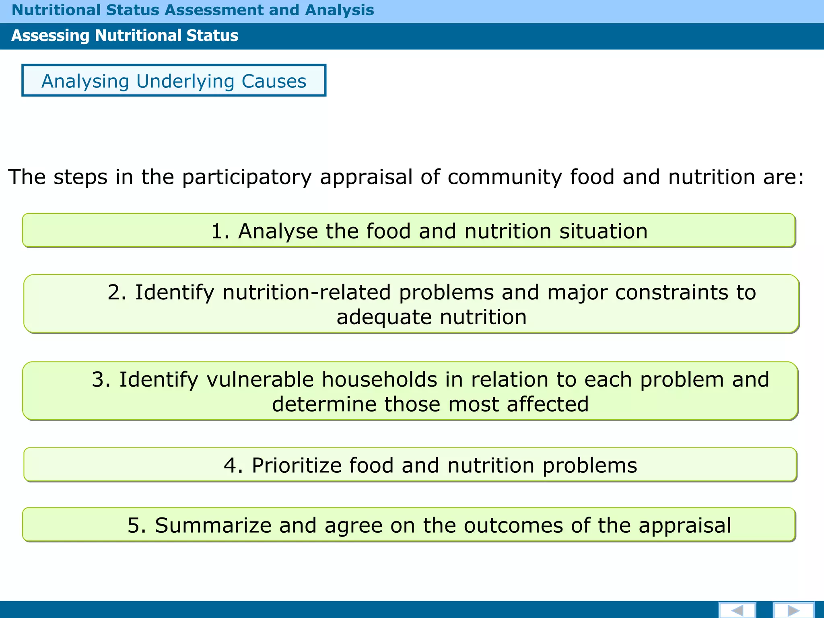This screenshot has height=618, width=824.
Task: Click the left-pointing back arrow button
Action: click(x=737, y=610)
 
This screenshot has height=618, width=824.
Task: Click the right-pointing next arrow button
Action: click(x=793, y=610)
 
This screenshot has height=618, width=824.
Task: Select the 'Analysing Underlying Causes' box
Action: click(x=174, y=80)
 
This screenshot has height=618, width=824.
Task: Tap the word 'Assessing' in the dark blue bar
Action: click(x=50, y=36)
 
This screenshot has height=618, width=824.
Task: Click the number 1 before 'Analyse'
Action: click(x=218, y=231)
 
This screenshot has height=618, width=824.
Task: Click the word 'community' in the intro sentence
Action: click(x=505, y=177)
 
